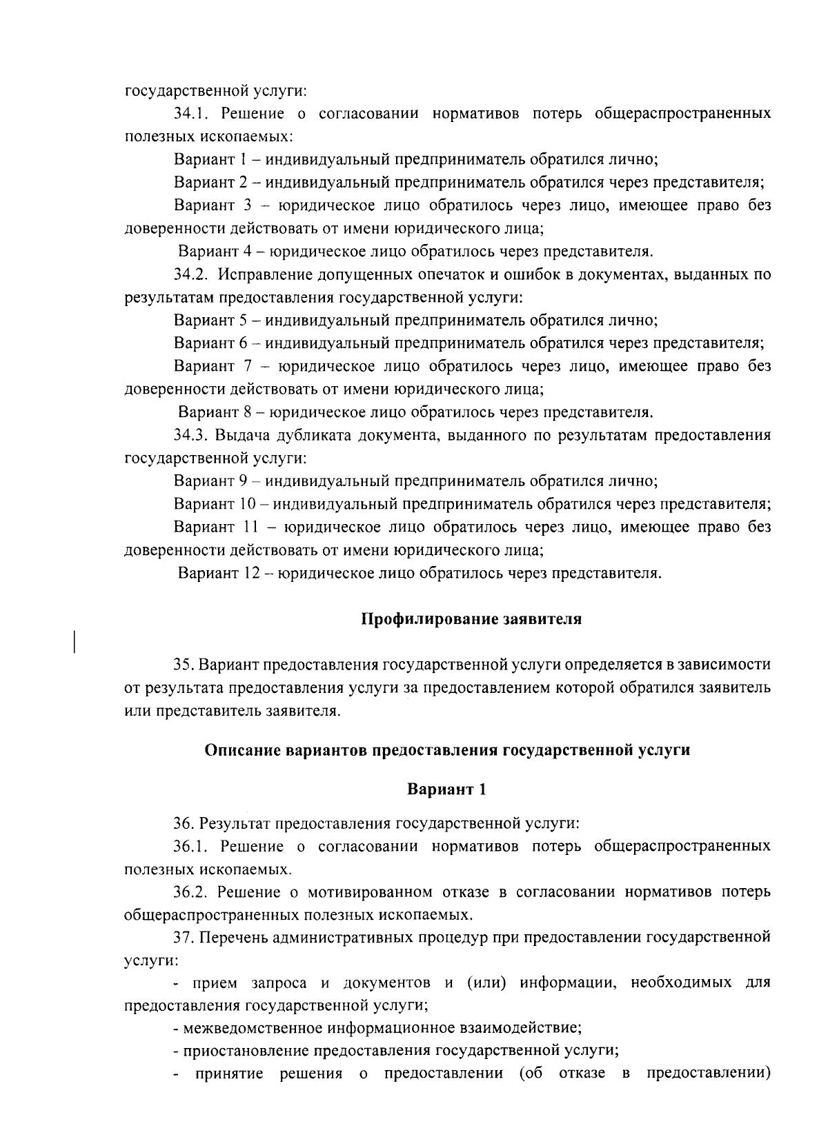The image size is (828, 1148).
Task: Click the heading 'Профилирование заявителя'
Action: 472,619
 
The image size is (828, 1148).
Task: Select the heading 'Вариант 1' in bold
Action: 447,789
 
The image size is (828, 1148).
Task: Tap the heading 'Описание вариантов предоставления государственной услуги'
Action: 447,750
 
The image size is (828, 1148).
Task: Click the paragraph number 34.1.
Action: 190,113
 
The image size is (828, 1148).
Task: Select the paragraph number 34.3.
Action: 190,435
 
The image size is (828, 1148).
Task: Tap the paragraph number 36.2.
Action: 190,892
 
